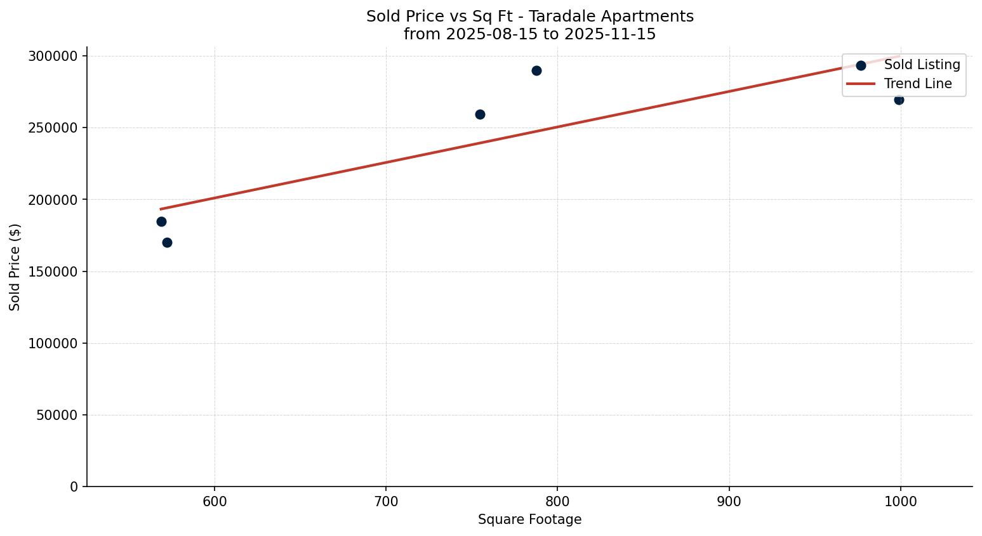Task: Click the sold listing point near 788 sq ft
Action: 536,70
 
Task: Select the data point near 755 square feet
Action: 480,114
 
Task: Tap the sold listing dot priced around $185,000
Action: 161,221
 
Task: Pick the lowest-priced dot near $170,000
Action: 167,242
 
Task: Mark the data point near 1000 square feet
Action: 899,100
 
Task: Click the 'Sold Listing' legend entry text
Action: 922,65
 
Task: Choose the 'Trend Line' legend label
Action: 918,84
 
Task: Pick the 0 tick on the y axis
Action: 74,487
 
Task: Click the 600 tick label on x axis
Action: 215,502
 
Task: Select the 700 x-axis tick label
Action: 386,502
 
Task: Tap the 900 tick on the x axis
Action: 729,502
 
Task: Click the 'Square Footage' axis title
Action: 529,520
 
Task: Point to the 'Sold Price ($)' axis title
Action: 15,267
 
